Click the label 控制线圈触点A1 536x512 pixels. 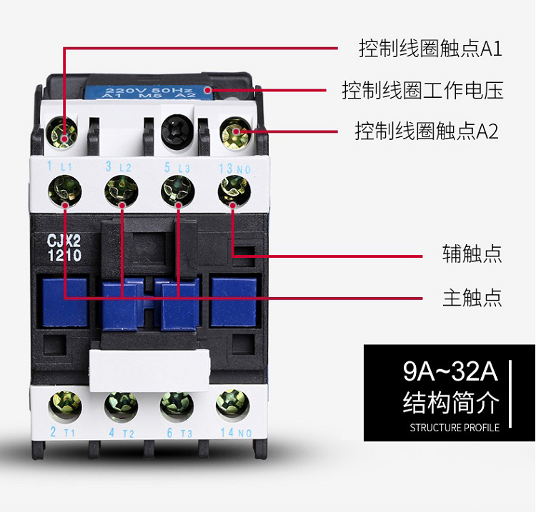[431, 49]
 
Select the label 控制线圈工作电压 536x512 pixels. [422, 91]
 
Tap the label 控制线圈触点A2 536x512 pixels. [427, 131]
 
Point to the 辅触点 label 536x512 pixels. [472, 254]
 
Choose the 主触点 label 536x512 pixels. [472, 297]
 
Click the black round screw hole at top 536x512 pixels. [176, 134]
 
